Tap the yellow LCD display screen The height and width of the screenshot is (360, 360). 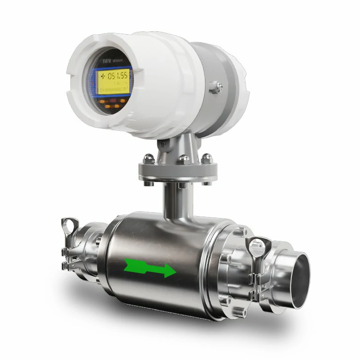112,82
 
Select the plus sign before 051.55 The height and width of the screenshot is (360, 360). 103,75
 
